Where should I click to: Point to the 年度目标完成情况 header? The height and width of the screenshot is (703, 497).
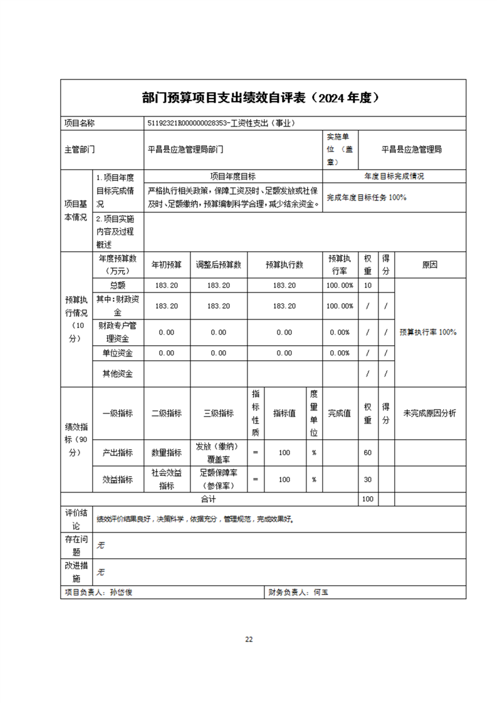tap(394, 176)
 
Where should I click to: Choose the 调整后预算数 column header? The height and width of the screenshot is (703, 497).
tap(219, 265)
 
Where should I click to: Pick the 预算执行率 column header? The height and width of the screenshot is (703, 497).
tap(339, 265)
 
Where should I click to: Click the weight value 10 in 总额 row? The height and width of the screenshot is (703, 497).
tap(368, 285)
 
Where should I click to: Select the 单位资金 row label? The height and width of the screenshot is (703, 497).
tap(118, 353)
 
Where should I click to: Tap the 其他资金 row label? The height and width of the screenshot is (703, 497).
tap(118, 374)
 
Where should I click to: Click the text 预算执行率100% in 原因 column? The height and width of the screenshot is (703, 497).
tap(428, 331)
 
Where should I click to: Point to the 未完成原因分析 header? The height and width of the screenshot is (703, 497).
tap(429, 413)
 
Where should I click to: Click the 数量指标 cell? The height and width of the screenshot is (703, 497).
tap(167, 452)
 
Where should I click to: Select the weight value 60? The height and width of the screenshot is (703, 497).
tap(368, 452)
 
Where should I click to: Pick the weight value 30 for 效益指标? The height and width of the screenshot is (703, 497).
tap(368, 479)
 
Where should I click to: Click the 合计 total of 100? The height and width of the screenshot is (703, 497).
tap(368, 499)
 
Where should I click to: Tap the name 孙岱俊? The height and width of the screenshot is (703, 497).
tap(121, 592)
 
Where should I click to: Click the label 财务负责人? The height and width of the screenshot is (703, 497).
tap(288, 592)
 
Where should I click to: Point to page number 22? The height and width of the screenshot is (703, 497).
tap(249, 639)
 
